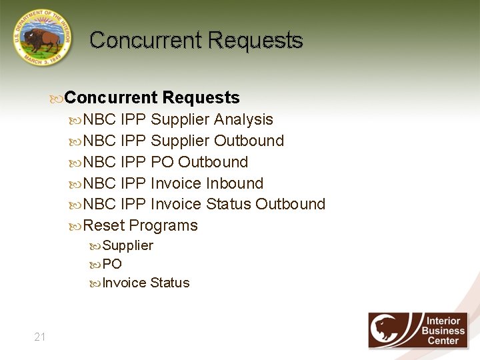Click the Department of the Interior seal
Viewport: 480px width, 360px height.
[x=41, y=37]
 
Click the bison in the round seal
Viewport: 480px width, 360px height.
[x=43, y=39]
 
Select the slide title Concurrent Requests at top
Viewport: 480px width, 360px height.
[x=196, y=41]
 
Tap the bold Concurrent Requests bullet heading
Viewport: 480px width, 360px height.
[x=152, y=98]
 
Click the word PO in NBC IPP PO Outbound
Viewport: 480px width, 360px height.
[x=162, y=163]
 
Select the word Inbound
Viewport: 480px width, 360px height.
[x=235, y=183]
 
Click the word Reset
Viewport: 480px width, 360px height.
[x=103, y=225]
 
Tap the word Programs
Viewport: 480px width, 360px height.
[x=163, y=225]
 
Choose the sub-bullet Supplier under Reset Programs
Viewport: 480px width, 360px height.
[x=127, y=245]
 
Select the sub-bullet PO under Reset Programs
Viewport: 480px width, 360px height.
[x=112, y=264]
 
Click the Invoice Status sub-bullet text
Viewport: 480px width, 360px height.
[x=145, y=283]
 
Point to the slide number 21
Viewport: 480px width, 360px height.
[x=40, y=337]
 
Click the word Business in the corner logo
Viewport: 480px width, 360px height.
[x=443, y=331]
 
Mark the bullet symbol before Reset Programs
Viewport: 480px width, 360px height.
[x=75, y=226]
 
